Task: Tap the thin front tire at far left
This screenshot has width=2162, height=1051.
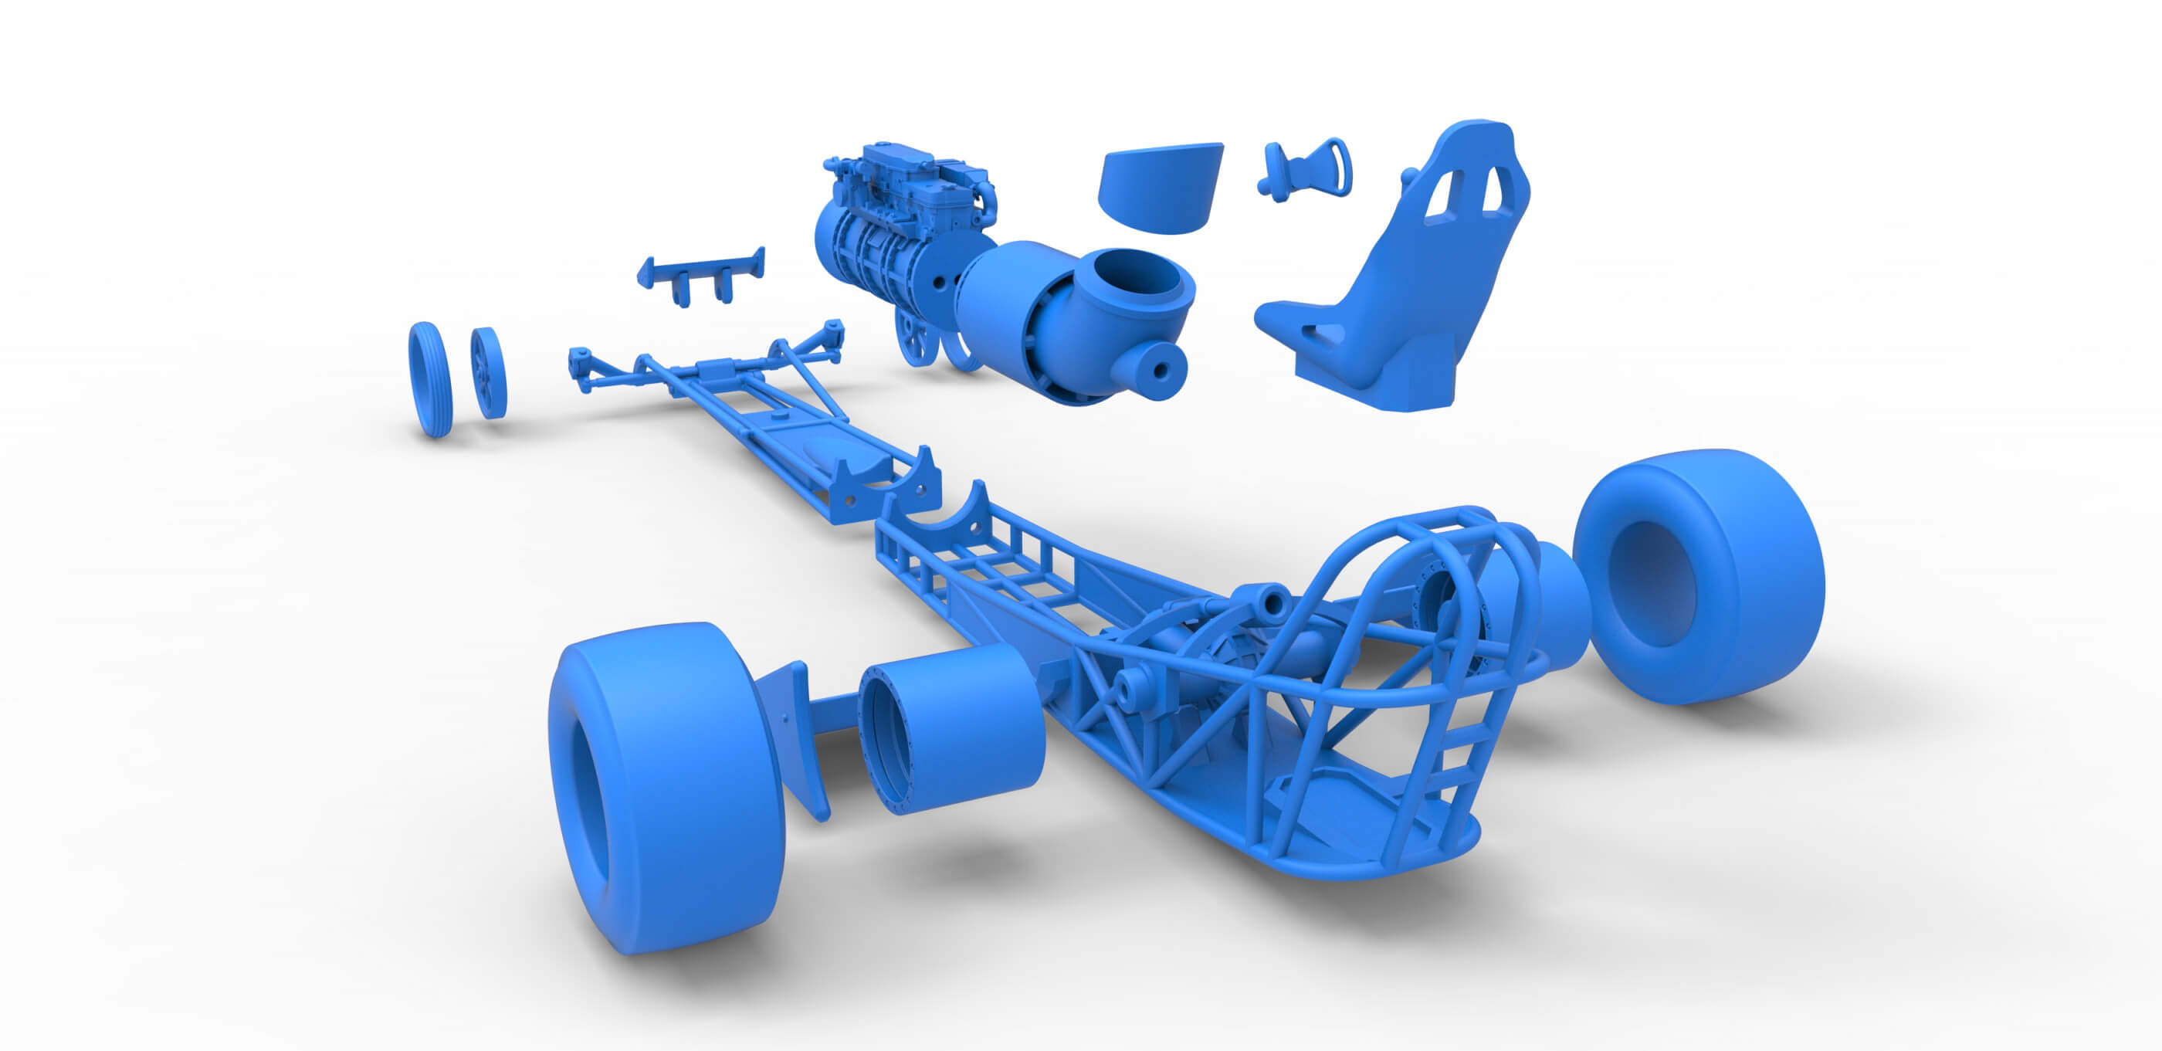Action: pyautogui.click(x=430, y=379)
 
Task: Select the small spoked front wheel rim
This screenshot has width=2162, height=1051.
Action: pyautogui.click(x=489, y=373)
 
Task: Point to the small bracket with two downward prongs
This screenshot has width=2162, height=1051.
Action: pyautogui.click(x=702, y=273)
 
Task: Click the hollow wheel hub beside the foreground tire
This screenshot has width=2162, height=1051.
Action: pyautogui.click(x=948, y=731)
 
